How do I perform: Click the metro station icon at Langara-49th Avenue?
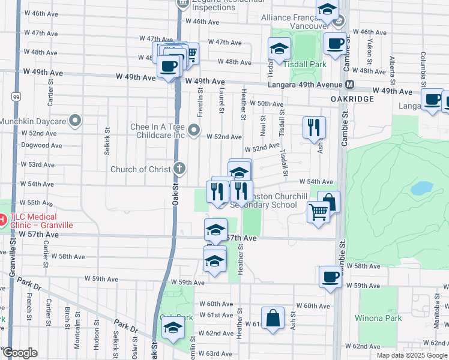pyautogui.click(x=349, y=85)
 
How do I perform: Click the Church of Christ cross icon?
pyautogui.click(x=178, y=169)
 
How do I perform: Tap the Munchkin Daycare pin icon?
pyautogui.click(x=75, y=121)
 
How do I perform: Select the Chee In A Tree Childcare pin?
pyautogui.click(x=194, y=130)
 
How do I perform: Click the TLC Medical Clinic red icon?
pyautogui.click(x=2, y=220)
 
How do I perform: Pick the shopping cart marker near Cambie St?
pyautogui.click(x=318, y=211)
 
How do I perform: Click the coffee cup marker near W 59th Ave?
pyautogui.click(x=330, y=277)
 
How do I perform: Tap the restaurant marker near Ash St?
pyautogui.click(x=314, y=127)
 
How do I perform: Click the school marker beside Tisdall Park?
pyautogui.click(x=279, y=49)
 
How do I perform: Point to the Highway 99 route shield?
pyautogui.click(x=15, y=96)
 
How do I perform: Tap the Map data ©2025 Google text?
pyautogui.click(x=412, y=355)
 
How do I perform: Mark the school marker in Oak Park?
pyautogui.click(x=172, y=328)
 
